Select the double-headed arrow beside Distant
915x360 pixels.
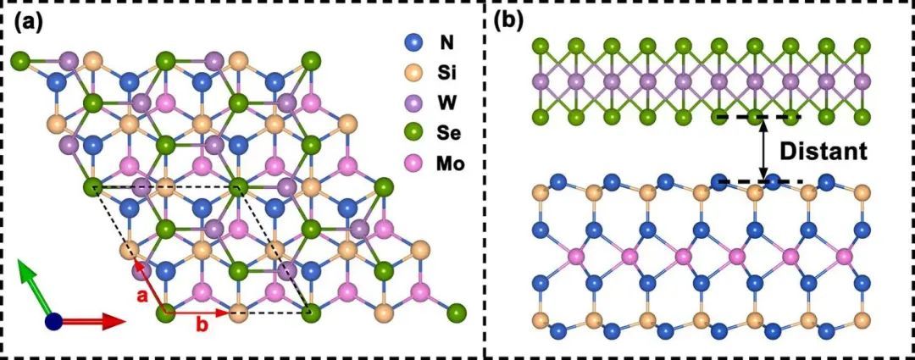pyautogui.click(x=764, y=149)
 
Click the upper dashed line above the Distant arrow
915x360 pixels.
pyautogui.click(x=757, y=117)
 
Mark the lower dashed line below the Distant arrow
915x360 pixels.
pyautogui.click(x=757, y=181)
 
